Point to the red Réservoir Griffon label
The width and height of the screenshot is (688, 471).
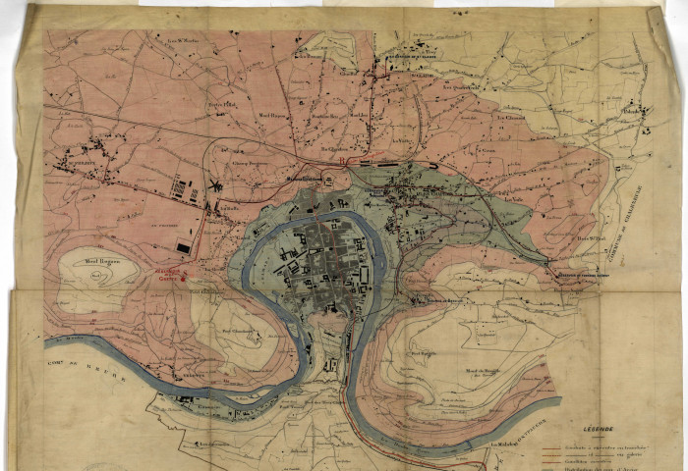pyautogui.click(x=174, y=277)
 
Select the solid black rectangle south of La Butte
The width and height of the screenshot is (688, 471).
pyautogui.click(x=183, y=249)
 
